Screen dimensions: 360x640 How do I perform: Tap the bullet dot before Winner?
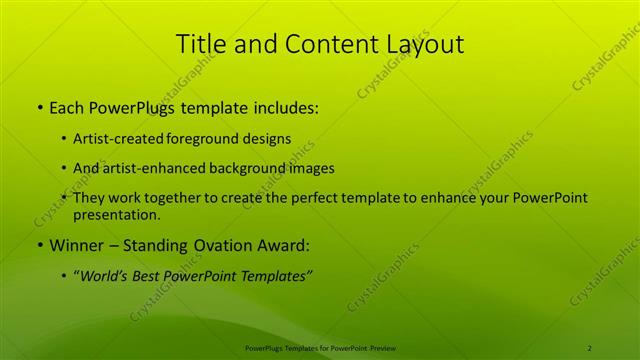(x=39, y=245)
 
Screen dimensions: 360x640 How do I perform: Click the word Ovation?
(x=229, y=245)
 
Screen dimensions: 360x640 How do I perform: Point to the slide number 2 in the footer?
(x=590, y=348)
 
